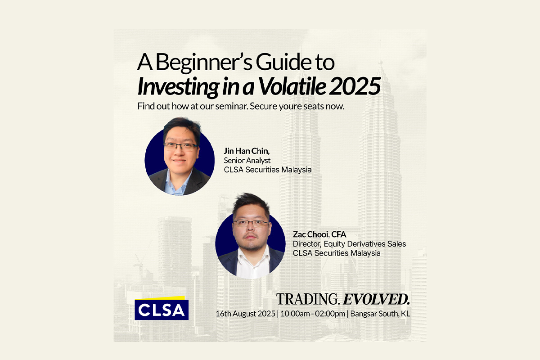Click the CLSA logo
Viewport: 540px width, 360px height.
[x=162, y=308]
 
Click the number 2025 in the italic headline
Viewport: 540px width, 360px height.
[x=355, y=86]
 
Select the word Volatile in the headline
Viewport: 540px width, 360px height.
[x=292, y=86]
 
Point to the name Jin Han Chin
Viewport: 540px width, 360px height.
[x=247, y=151]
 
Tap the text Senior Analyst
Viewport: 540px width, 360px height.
[x=247, y=160]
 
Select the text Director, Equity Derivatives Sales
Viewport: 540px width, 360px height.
[x=349, y=244]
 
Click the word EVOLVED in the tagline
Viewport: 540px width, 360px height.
[x=376, y=299]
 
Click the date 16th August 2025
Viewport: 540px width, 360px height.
[x=245, y=314]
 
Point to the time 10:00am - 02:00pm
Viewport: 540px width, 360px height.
[x=313, y=314]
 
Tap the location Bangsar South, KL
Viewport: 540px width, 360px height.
[x=380, y=314]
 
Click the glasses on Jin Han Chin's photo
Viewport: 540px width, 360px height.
[x=180, y=146]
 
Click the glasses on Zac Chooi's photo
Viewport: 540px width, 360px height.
[x=251, y=223]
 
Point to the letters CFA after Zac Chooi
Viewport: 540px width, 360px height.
[x=339, y=234]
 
